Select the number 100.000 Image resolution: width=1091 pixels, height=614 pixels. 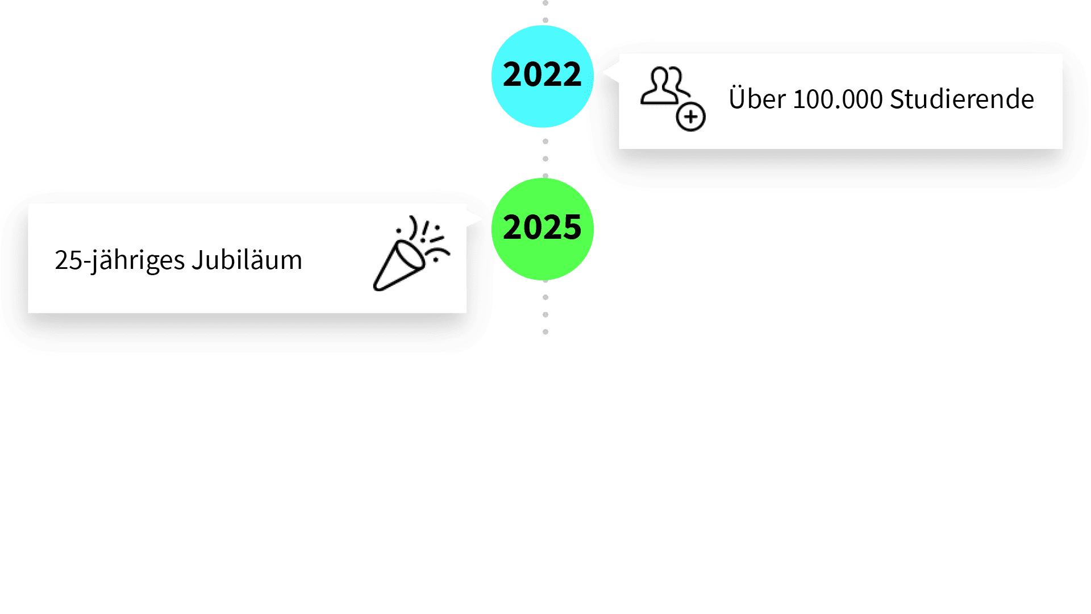(x=838, y=99)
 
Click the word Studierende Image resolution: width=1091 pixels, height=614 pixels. (x=961, y=99)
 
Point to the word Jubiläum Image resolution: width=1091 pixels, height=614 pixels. (x=247, y=260)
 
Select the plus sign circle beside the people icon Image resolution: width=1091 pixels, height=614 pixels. (x=690, y=117)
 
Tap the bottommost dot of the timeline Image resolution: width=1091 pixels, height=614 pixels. (x=545, y=332)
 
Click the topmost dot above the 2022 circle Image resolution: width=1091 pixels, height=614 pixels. (x=545, y=3)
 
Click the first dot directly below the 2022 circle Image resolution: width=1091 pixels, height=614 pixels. (x=545, y=142)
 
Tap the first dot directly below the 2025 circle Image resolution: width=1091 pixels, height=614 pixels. (x=545, y=297)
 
